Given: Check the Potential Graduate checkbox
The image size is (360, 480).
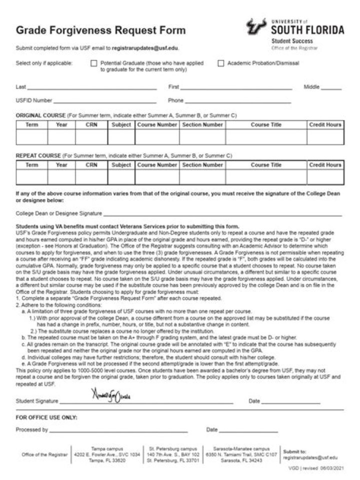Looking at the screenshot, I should tap(93, 63).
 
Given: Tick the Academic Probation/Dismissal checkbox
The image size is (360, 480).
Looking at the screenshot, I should tap(220, 63).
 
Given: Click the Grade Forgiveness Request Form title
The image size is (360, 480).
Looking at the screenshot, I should tap(100, 30).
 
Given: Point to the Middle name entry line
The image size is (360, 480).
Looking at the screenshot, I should tap(330, 88).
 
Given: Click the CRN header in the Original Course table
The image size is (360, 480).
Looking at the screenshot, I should tap(91, 124).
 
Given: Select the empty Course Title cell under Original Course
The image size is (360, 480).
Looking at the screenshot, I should tap(266, 136).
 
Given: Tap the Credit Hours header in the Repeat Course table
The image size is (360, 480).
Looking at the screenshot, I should tap(325, 165).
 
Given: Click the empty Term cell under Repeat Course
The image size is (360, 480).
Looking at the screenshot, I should tap(32, 177).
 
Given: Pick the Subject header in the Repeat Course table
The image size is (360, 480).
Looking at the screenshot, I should tap(121, 165).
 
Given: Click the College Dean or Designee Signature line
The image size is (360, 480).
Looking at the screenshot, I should tap(222, 214).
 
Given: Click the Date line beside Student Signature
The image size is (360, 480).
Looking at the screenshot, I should tap(290, 401).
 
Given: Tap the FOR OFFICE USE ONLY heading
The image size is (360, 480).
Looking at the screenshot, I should tap(46, 417).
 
